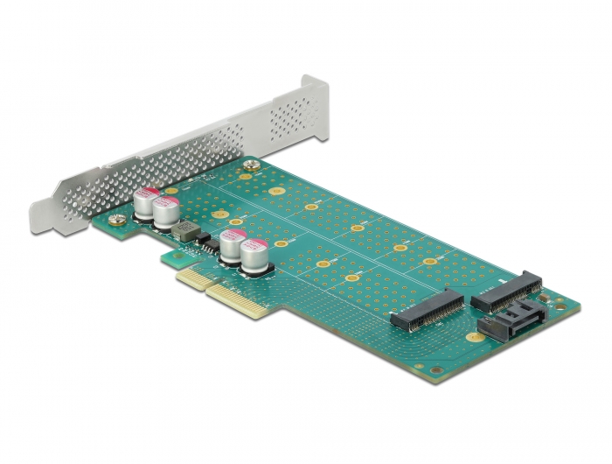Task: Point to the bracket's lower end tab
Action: click(44, 214)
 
